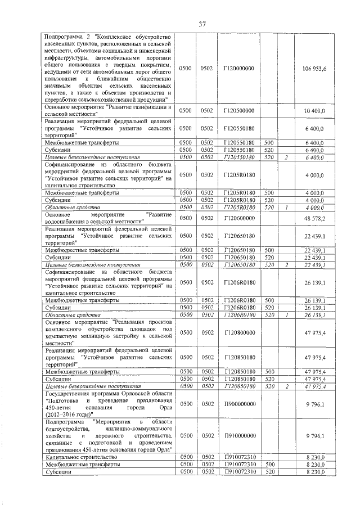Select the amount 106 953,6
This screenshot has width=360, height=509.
[x=318, y=68]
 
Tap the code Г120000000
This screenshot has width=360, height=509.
[x=239, y=68]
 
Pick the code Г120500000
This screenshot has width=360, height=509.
[x=239, y=111]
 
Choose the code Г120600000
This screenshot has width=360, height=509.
[x=239, y=218]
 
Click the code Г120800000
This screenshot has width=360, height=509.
[x=239, y=333]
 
